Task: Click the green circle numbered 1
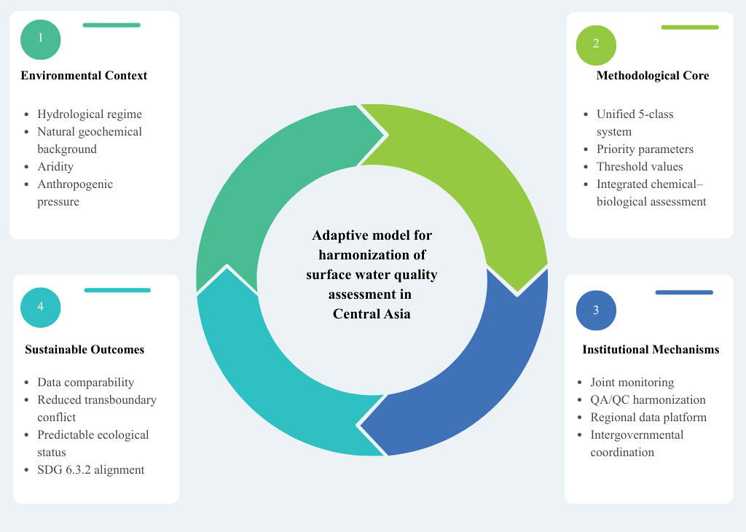(x=41, y=39)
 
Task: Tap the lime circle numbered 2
(x=596, y=44)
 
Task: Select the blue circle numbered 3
(x=596, y=310)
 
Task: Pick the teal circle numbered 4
(x=41, y=307)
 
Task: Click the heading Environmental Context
(x=84, y=76)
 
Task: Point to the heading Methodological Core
(x=652, y=76)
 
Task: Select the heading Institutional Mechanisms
(x=651, y=350)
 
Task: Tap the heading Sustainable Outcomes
(x=85, y=350)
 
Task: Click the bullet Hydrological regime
(x=90, y=114)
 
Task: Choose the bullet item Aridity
(x=55, y=167)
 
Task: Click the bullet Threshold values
(x=640, y=167)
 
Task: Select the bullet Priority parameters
(x=645, y=149)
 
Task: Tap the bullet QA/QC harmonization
(x=648, y=400)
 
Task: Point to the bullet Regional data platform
(x=648, y=418)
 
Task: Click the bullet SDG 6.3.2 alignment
(x=91, y=470)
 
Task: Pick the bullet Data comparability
(x=86, y=383)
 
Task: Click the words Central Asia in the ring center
(x=372, y=314)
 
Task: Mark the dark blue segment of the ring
(x=474, y=372)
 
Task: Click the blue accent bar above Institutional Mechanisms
(x=684, y=292)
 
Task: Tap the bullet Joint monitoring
(x=632, y=383)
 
